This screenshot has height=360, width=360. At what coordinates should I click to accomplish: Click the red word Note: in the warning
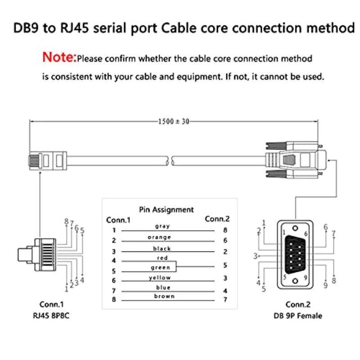[59, 58]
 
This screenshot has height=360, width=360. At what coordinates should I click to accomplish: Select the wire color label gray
[162, 226]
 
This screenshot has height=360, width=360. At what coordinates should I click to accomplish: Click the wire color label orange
[159, 237]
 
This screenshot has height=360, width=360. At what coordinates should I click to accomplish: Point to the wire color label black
[162, 248]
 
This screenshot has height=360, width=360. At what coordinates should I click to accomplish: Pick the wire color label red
[162, 258]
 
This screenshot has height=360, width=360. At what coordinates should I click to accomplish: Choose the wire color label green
[160, 267]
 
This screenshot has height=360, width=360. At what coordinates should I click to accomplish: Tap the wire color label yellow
[160, 278]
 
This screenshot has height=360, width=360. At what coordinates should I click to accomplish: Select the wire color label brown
[164, 296]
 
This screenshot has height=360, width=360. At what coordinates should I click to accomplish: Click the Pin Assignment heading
[166, 210]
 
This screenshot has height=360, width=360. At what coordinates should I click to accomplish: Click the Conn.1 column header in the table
[118, 220]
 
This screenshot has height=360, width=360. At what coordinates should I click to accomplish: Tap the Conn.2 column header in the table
[217, 219]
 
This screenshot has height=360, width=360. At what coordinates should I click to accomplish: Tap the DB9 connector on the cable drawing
[292, 160]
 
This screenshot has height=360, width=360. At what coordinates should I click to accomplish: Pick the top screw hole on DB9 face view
[295, 227]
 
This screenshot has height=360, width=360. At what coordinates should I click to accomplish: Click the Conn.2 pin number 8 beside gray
[225, 230]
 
